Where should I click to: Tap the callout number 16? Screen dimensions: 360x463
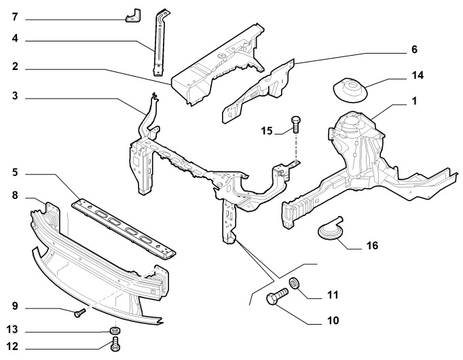[x=371, y=245]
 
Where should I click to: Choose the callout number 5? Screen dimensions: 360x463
[x=14, y=173]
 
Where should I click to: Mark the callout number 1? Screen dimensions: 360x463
[x=413, y=101]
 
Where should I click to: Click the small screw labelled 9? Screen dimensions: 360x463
[x=79, y=312]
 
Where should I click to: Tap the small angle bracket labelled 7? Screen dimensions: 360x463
[x=133, y=14]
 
